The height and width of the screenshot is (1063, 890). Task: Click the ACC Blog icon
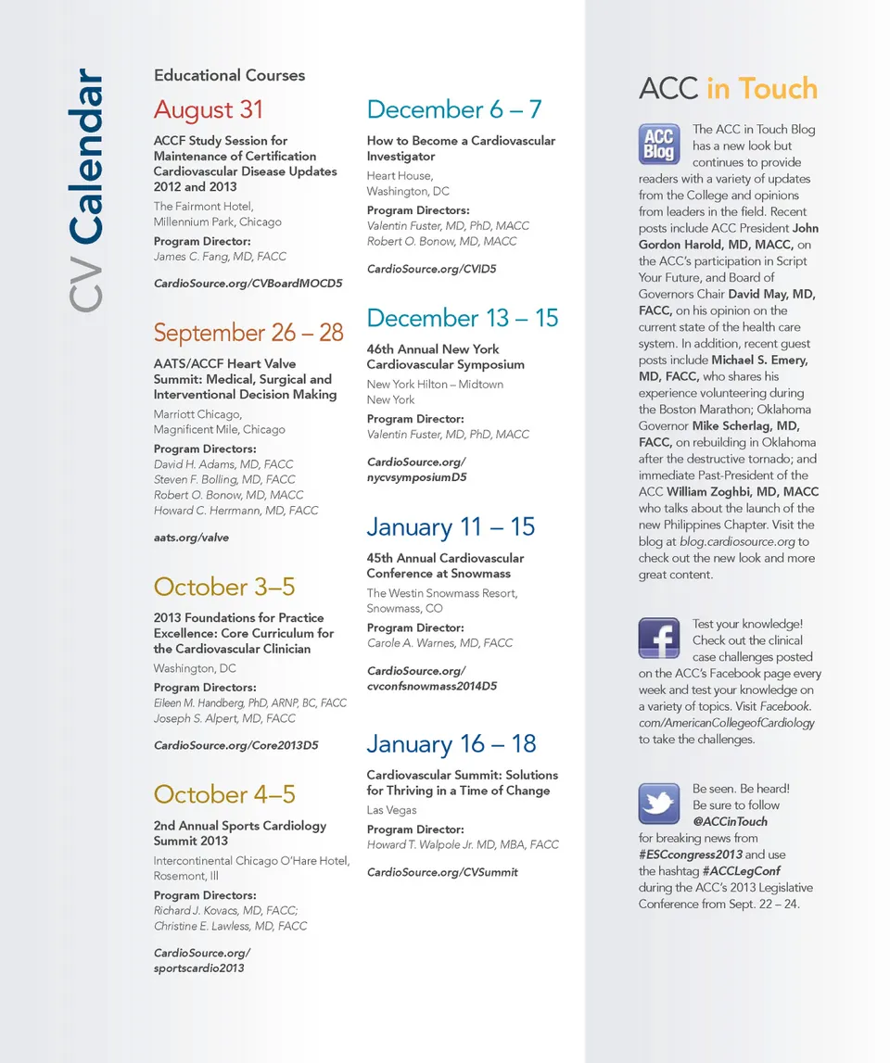click(x=659, y=145)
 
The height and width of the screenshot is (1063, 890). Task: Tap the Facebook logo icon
click(x=659, y=639)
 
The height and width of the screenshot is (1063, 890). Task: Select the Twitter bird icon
click(x=659, y=804)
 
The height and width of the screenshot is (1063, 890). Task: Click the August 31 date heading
click(x=209, y=109)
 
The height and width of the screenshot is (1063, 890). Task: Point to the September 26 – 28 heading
click(x=248, y=333)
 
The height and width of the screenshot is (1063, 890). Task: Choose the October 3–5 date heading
click(x=224, y=587)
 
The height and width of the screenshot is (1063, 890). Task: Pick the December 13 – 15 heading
click(x=462, y=318)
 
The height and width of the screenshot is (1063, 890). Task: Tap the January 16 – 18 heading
click(x=451, y=743)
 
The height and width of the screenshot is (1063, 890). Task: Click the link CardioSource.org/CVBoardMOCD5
click(x=248, y=283)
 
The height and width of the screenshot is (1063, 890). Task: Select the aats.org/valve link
click(x=191, y=538)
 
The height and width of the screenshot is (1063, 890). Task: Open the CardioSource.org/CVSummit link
click(x=442, y=872)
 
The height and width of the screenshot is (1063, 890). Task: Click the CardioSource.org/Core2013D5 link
click(x=235, y=745)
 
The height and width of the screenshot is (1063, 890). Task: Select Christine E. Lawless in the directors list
click(x=206, y=927)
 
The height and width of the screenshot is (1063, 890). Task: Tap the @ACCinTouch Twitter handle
click(x=730, y=821)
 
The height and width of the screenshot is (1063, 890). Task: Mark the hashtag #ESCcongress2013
click(x=690, y=854)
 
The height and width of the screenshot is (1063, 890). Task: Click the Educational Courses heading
click(x=229, y=75)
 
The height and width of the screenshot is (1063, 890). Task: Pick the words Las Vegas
click(x=391, y=810)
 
